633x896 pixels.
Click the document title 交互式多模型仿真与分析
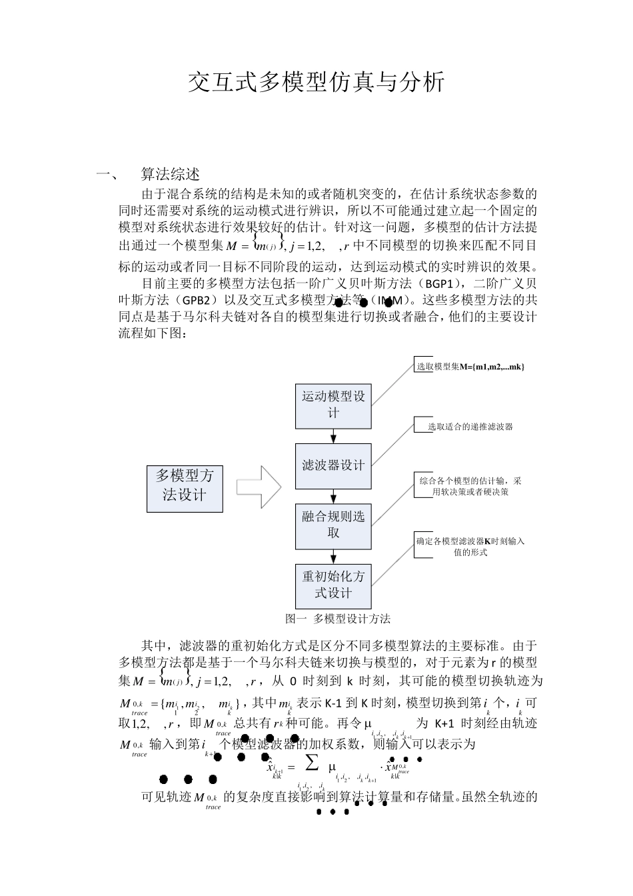coord(316,83)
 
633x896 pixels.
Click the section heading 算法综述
coord(170,175)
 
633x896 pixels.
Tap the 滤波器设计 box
coord(333,466)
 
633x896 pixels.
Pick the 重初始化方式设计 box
coord(333,585)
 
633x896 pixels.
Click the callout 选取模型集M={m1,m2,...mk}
coord(470,367)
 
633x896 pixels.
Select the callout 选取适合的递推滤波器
coord(470,426)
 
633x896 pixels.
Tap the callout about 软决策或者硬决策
coord(470,486)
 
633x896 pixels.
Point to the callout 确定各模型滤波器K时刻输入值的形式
coord(470,546)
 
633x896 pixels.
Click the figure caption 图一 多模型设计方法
coord(338,619)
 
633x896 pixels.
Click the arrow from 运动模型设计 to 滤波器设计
coord(333,436)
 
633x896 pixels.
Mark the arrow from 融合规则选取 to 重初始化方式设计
coord(333,557)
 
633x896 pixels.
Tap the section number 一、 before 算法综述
coord(107,175)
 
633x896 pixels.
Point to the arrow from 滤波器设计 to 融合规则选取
coord(333,497)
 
